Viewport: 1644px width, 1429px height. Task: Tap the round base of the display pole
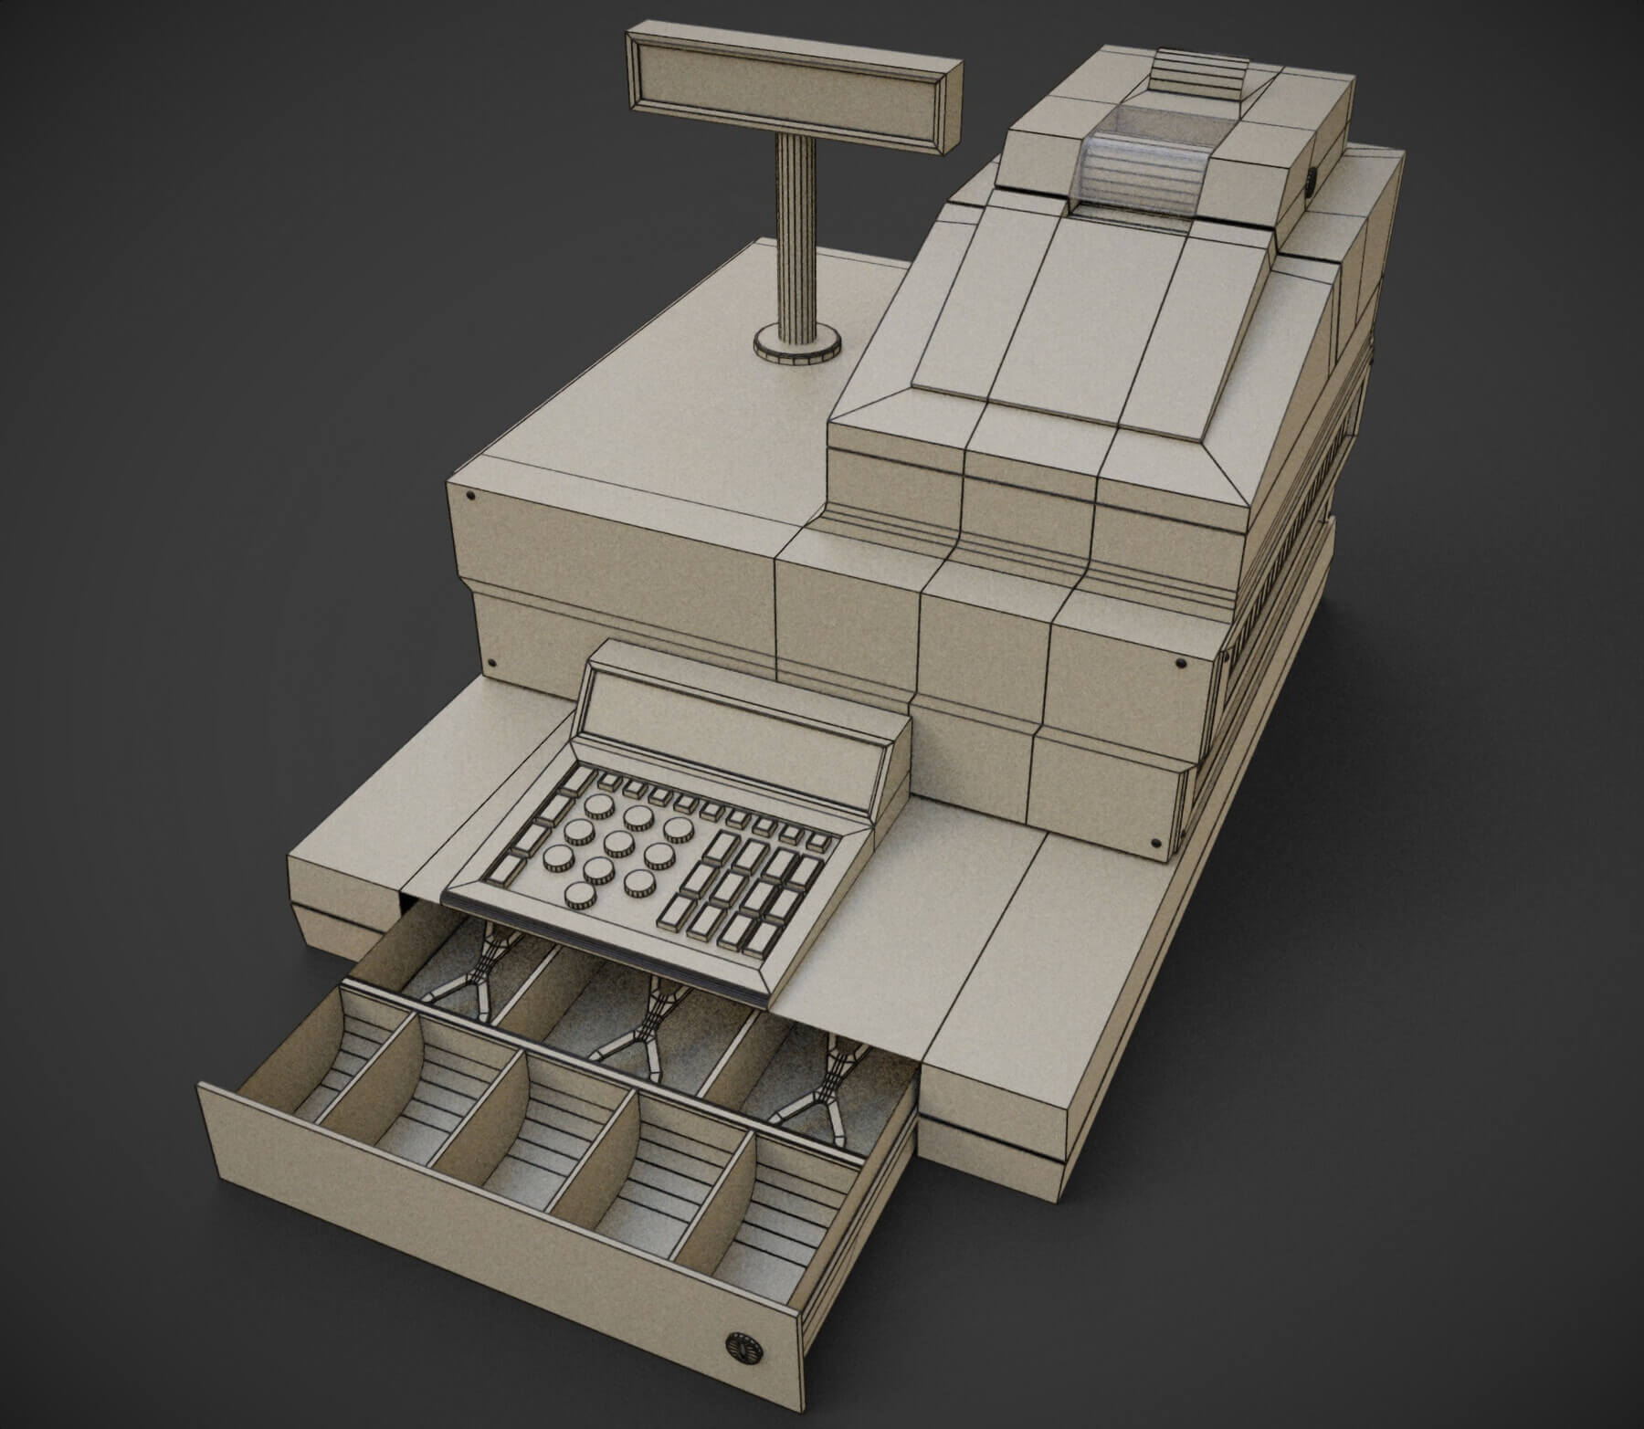pyautogui.click(x=796, y=347)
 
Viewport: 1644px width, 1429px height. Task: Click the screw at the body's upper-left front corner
pyautogui.click(x=470, y=497)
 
